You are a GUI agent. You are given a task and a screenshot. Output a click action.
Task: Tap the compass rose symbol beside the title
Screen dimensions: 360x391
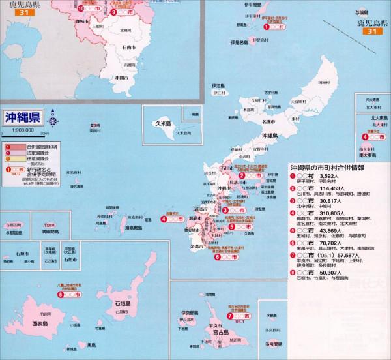(x=52, y=121)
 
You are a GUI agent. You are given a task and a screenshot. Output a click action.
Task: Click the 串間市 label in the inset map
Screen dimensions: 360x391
(x=121, y=77)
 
